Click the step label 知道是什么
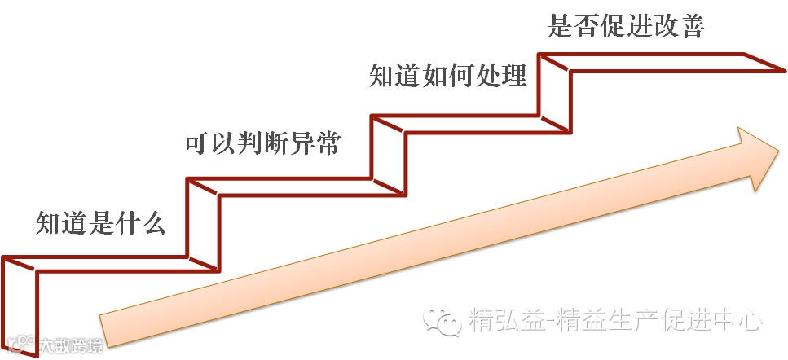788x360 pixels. click(101, 222)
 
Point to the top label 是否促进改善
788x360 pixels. click(626, 26)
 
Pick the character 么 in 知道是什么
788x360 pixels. click(153, 222)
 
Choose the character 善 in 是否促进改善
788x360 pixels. click(691, 26)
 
